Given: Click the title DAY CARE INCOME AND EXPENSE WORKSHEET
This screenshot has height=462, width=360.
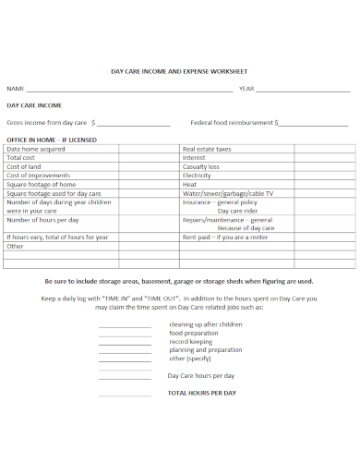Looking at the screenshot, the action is (x=179, y=70).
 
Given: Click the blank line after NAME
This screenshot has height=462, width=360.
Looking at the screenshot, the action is (x=129, y=91).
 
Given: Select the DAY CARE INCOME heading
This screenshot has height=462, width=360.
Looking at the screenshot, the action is (x=34, y=105).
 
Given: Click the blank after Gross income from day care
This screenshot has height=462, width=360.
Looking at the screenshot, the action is (x=133, y=123).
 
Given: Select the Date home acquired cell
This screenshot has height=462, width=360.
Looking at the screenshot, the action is (x=36, y=149).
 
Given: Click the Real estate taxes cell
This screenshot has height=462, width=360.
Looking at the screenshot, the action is (x=207, y=149).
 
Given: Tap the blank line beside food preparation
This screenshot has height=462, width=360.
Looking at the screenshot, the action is (x=124, y=334).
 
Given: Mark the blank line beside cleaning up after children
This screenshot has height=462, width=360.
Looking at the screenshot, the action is (x=124, y=326).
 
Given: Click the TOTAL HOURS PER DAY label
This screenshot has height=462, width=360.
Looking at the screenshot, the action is (x=201, y=394).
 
